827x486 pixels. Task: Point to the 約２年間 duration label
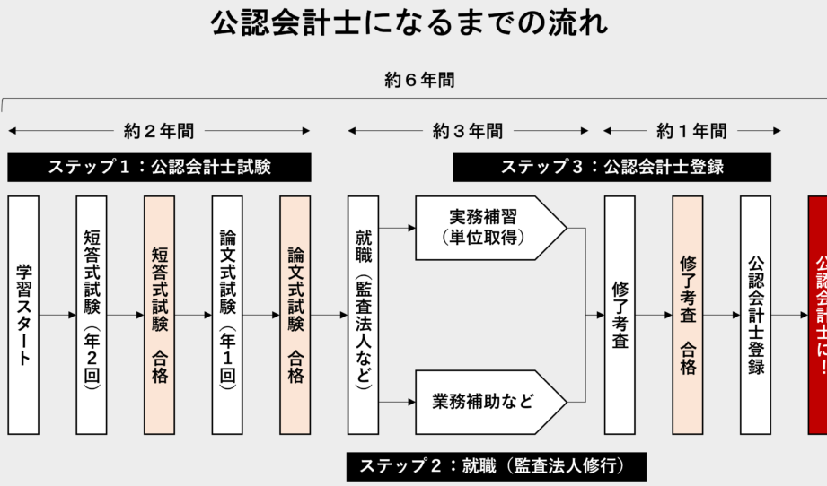tap(159, 131)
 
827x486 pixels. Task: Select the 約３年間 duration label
tap(468, 131)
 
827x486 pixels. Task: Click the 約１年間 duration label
tap(691, 131)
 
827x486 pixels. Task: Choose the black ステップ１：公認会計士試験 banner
tap(160, 167)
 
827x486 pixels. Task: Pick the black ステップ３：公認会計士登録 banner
tap(611, 167)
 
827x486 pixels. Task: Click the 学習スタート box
tap(23, 315)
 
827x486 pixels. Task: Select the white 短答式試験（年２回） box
tap(92, 315)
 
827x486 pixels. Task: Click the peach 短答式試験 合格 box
tap(159, 315)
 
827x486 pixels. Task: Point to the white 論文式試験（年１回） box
tap(227, 315)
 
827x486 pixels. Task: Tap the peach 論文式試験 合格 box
tap(295, 315)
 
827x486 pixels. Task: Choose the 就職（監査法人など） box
tap(363, 315)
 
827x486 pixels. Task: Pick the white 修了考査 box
tap(620, 315)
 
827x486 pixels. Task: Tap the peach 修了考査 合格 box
tap(687, 315)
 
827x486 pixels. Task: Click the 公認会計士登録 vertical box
tap(755, 315)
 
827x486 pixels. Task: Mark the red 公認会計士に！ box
tap(817, 315)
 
